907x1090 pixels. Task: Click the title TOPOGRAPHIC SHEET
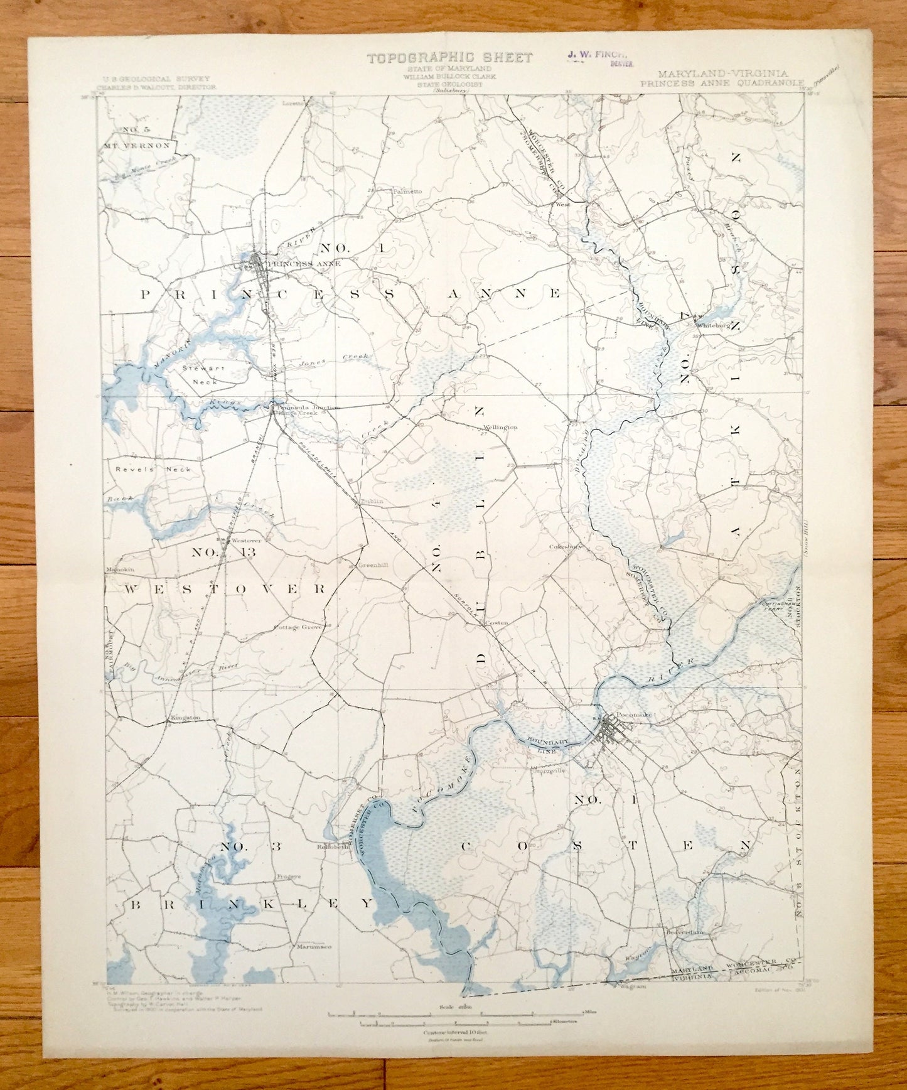click(x=449, y=58)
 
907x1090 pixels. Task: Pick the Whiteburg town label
click(x=712, y=325)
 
